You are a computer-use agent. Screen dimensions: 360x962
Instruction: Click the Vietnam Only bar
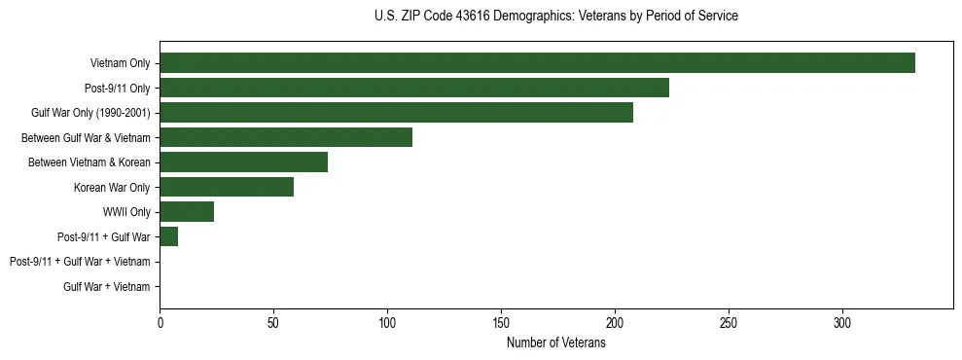coord(537,63)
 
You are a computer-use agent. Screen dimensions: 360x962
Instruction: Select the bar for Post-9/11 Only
coord(414,88)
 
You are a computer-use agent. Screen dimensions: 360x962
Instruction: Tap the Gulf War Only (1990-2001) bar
coord(396,113)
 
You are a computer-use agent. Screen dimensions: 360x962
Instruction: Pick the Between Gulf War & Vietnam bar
coord(286,137)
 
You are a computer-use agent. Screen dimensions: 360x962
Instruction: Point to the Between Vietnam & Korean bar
coord(243,162)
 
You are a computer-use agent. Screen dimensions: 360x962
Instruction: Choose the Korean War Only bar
coord(227,187)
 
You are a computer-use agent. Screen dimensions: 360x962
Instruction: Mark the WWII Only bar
coord(187,212)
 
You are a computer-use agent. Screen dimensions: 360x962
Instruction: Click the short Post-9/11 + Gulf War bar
coord(169,236)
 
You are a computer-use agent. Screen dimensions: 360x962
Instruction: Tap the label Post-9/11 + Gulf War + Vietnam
coord(80,262)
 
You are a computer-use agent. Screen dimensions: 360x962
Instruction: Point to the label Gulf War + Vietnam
coord(107,287)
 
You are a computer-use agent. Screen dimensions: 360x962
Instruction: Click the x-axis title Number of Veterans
coord(555,342)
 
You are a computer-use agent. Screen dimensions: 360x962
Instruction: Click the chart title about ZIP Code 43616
coord(555,17)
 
